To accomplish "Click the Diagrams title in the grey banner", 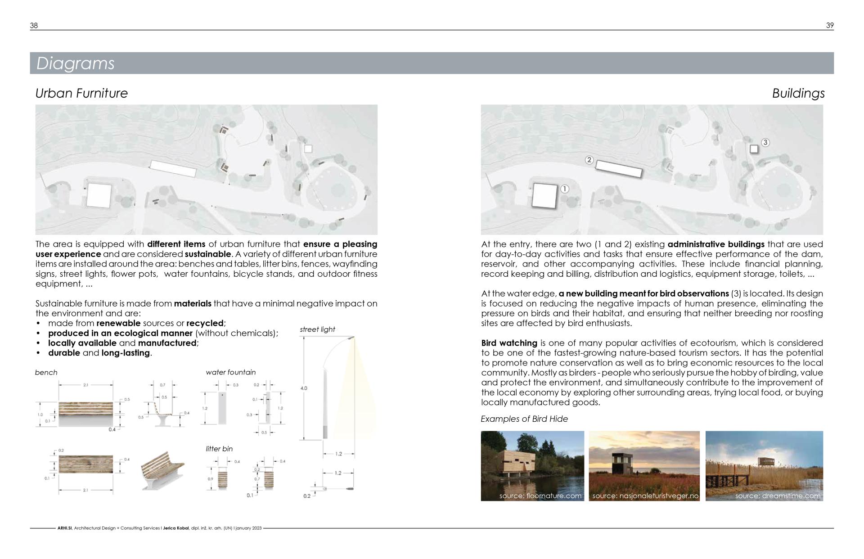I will (x=75, y=63).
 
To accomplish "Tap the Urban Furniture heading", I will (x=81, y=93).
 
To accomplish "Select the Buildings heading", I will (x=798, y=93).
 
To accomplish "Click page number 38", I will (x=34, y=26).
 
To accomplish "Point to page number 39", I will (x=830, y=26).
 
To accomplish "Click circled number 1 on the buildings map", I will (x=565, y=189).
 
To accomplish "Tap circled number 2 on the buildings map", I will (x=589, y=160).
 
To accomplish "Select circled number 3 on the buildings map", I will (x=765, y=143).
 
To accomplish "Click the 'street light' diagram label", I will (x=317, y=329).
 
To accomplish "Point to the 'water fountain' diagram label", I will (x=230, y=372).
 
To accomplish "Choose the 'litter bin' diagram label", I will (x=219, y=449).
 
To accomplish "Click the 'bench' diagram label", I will (x=46, y=373).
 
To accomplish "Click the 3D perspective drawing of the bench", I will (x=162, y=470).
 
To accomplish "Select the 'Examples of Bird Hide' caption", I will (x=524, y=419).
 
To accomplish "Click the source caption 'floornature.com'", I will (x=540, y=496).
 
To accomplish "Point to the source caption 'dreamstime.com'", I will (x=778, y=496).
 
